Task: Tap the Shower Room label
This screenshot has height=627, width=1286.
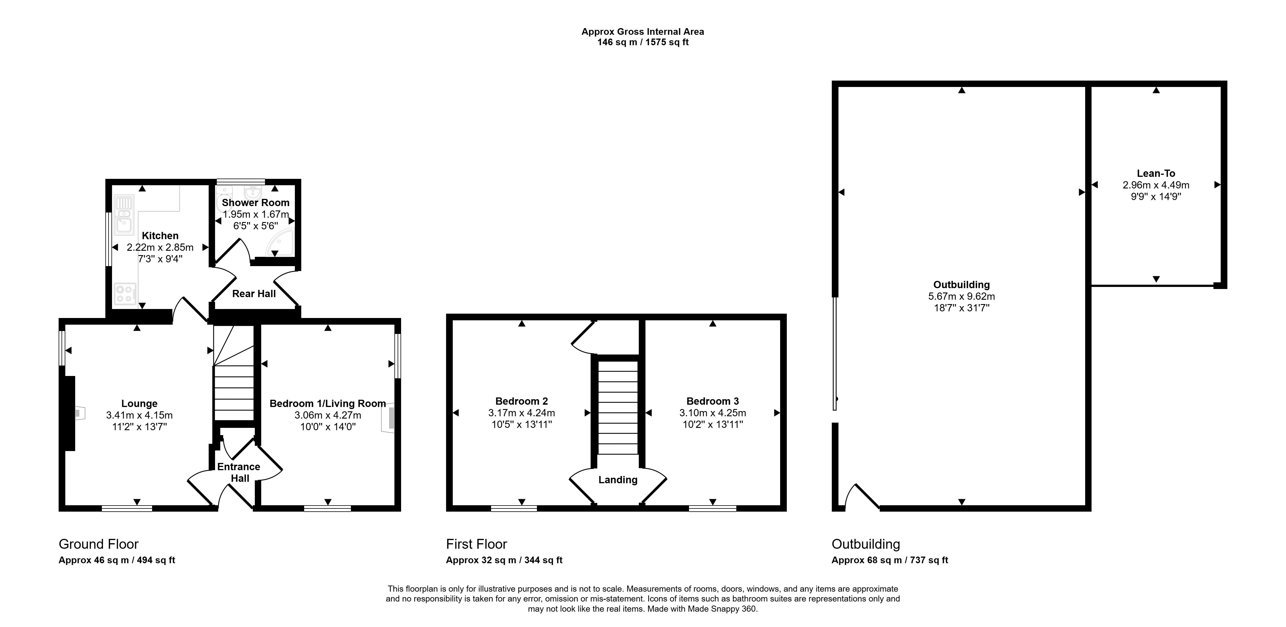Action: point(256,203)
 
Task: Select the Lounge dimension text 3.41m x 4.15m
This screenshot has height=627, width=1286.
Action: point(139,415)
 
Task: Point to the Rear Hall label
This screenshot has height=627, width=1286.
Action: point(254,294)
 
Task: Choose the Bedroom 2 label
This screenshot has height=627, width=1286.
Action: point(522,401)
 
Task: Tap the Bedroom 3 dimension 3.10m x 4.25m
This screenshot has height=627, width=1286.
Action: point(713,413)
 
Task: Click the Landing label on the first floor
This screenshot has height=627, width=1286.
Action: point(618,480)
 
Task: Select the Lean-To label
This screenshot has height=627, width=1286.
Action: point(1156,174)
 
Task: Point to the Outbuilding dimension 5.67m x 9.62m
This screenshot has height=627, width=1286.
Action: point(962,296)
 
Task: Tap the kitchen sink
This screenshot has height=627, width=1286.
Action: point(123,215)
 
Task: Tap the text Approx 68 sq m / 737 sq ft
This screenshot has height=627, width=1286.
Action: point(890,560)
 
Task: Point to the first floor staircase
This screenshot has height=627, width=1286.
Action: point(618,408)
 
